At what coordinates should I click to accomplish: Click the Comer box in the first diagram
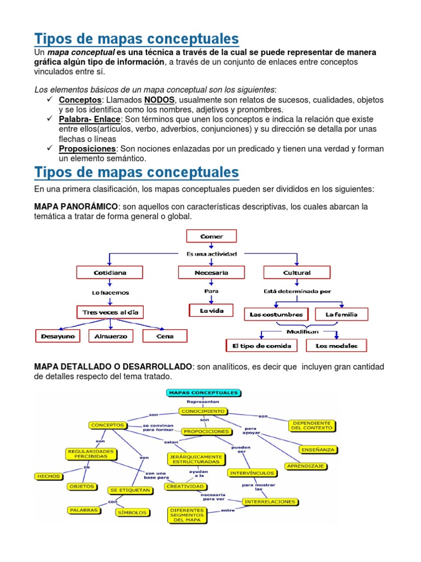click(x=212, y=237)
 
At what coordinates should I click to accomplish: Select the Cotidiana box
click(x=110, y=272)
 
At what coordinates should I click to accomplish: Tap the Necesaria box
click(x=211, y=272)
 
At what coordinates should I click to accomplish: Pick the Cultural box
click(x=297, y=272)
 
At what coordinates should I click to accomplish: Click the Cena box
click(x=165, y=335)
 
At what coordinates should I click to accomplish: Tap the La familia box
click(x=342, y=314)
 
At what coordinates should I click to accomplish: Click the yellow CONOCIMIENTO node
click(x=202, y=411)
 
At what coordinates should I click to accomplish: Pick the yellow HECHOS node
click(x=48, y=476)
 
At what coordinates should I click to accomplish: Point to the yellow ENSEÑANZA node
click(x=318, y=449)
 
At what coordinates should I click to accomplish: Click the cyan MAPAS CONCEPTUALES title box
click(x=203, y=393)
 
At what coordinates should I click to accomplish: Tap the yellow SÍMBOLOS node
click(x=132, y=512)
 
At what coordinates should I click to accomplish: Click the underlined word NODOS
click(x=160, y=100)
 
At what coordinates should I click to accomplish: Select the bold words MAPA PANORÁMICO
click(x=76, y=206)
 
